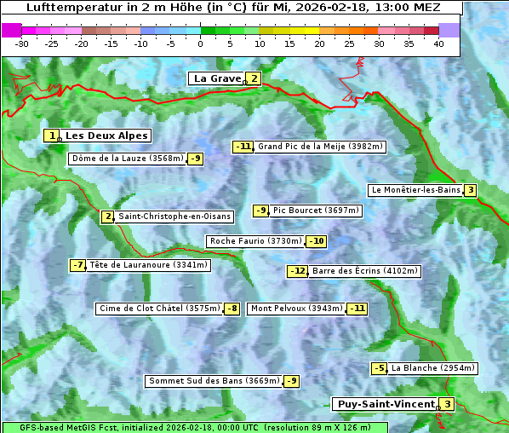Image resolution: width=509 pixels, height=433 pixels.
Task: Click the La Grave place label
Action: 217,78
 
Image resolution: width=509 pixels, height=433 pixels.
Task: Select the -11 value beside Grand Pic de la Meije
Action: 243,147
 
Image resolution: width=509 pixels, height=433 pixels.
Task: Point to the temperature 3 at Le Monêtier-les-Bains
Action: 470,190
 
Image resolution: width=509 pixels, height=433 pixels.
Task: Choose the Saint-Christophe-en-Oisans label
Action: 174,216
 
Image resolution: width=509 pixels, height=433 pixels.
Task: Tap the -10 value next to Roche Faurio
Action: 316,241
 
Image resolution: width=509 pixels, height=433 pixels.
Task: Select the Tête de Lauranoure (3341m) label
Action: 148,265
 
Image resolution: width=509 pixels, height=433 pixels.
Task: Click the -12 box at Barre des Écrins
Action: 297,271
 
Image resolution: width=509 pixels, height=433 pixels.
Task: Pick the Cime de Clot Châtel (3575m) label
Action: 159,309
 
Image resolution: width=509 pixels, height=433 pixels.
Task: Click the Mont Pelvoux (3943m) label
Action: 296,309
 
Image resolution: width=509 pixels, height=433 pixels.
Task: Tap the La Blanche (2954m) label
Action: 432,368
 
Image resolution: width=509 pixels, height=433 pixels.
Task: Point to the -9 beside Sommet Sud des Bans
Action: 291,381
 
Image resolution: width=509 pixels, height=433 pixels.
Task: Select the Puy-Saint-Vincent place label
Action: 386,404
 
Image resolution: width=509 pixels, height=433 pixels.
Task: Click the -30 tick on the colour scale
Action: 22,43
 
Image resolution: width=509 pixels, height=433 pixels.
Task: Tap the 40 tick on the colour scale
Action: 438,43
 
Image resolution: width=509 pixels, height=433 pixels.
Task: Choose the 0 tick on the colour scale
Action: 200,43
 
